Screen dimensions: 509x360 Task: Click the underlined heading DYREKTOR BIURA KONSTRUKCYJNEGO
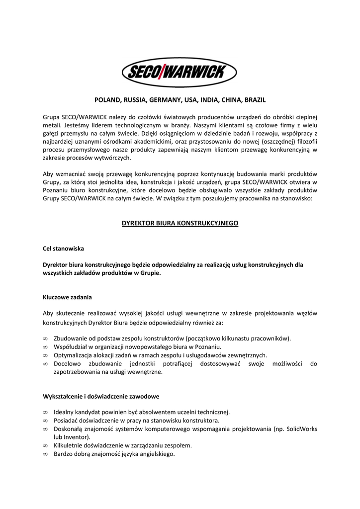pyautogui.click(x=180, y=223)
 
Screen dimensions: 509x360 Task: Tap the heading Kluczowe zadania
pyautogui.click(x=67, y=297)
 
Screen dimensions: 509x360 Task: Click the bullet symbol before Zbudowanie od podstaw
pyautogui.click(x=45, y=339)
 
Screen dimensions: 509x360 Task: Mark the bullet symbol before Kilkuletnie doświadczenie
pyautogui.click(x=45, y=446)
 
